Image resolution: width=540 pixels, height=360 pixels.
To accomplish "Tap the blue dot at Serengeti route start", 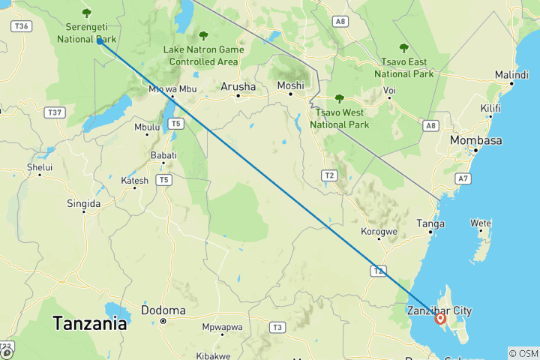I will tap(100, 41).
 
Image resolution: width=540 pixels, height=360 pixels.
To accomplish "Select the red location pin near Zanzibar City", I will tap(441, 319).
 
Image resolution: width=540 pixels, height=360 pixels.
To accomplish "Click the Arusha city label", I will tap(238, 87).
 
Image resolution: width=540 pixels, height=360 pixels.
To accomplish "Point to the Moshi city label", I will tap(290, 86).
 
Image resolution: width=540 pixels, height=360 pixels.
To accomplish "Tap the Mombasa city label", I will tap(475, 140).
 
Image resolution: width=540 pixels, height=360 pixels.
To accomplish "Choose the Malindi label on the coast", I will tap(511, 75).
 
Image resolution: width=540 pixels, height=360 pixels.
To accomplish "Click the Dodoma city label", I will tap(163, 310).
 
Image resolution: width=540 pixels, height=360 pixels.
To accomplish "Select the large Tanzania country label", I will tap(89, 325).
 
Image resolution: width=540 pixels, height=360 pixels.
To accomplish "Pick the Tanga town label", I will tap(430, 223).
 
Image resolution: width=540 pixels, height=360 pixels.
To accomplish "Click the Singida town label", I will tap(83, 203).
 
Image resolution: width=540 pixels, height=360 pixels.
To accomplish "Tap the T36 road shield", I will tap(20, 26).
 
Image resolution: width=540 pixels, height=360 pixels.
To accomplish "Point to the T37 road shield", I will tap(53, 112).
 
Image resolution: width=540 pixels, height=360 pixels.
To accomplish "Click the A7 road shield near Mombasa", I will tap(463, 178).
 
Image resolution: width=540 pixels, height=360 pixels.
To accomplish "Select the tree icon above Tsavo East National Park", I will tap(404, 48).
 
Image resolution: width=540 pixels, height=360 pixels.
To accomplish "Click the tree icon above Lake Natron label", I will tap(203, 34).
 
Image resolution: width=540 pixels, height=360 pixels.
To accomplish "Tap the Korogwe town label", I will tap(379, 232).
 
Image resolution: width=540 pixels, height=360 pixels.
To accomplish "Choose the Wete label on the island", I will tap(480, 223).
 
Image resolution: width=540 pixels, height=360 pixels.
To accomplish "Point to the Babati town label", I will tap(163, 155).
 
